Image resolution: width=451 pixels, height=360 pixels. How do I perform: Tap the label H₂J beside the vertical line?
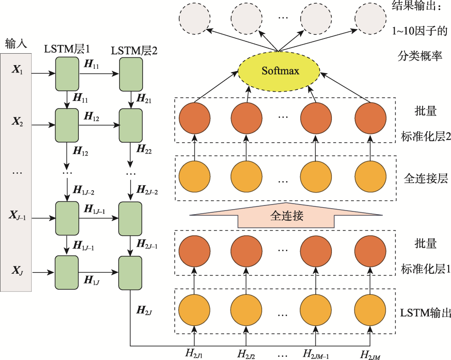[x=144, y=310]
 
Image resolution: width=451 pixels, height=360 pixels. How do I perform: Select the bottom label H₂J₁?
[x=194, y=354]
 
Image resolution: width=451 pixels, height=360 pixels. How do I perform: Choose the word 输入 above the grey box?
[x=16, y=44]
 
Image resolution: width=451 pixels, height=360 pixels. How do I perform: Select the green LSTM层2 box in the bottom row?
[x=131, y=272]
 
